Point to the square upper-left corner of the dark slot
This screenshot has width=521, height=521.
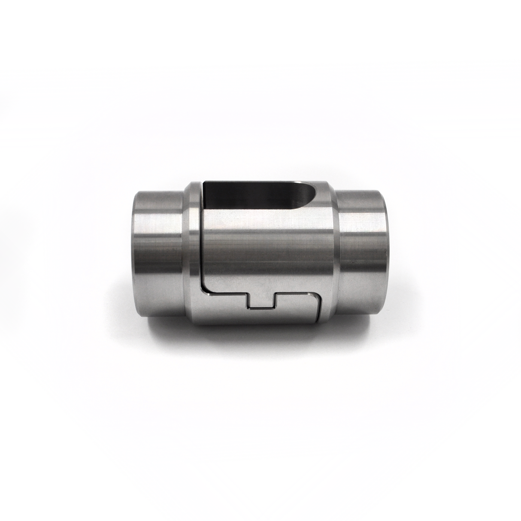point(205,183)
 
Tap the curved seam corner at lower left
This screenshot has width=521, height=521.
point(203,289)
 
